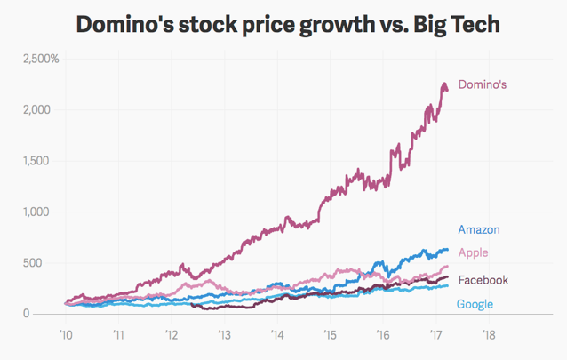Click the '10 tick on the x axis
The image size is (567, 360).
pyautogui.click(x=66, y=335)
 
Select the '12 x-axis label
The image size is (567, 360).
pyautogui.click(x=172, y=335)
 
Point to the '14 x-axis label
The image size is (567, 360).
pyautogui.click(x=277, y=335)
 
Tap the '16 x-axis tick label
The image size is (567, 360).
pyautogui.click(x=383, y=335)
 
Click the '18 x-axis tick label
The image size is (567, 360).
pyautogui.click(x=488, y=335)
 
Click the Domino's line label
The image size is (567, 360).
pyautogui.click(x=483, y=84)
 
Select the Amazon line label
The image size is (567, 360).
pyautogui.click(x=480, y=230)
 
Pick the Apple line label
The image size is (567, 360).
pyautogui.click(x=473, y=253)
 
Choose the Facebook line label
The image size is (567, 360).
pyautogui.click(x=483, y=280)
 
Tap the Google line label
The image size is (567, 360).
pyautogui.click(x=475, y=305)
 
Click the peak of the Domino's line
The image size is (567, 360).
pyautogui.click(x=443, y=84)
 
